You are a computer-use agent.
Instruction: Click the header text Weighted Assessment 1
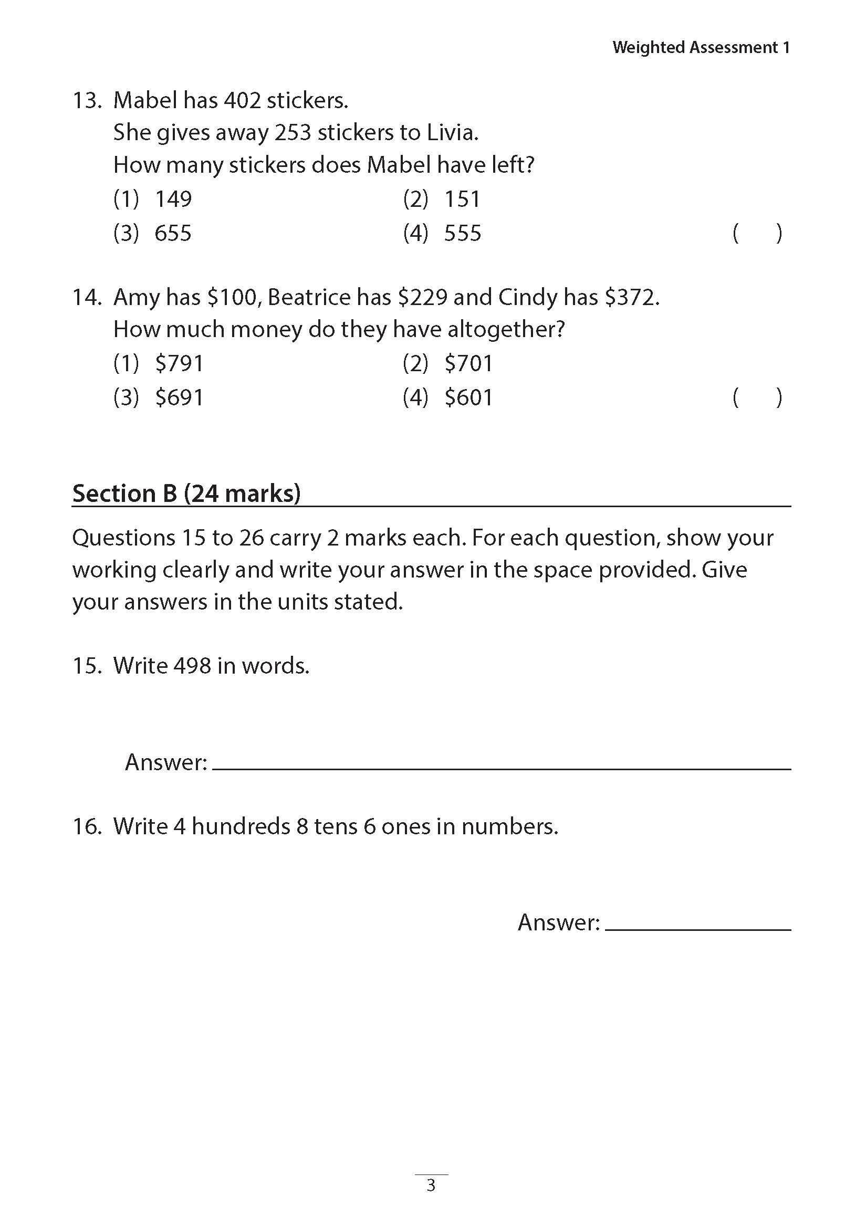pos(701,48)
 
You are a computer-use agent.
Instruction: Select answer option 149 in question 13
pos(173,200)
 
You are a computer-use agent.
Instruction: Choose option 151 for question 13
pos(462,200)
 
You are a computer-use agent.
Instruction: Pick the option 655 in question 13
pos(173,234)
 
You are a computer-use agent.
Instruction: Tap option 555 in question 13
pos(462,234)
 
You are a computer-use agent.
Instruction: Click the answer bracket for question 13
pos(757,234)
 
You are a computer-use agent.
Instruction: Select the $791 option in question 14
pos(179,364)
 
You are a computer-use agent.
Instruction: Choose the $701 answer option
pos(468,364)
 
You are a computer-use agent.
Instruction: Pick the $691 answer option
pos(179,398)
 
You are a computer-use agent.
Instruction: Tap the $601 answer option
pos(468,398)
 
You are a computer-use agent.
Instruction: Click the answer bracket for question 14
pos(757,398)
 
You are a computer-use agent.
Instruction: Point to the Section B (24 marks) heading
pos(186,493)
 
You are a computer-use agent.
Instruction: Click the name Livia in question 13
pos(451,133)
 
